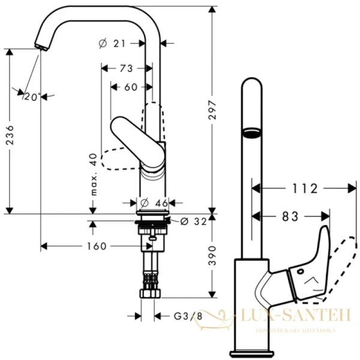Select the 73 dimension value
coord(125,68)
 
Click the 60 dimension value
coord(130,87)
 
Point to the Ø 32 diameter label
coord(192,221)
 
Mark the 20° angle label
coord(31,96)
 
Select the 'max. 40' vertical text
coord(93,174)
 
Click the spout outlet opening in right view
coord(250,131)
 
